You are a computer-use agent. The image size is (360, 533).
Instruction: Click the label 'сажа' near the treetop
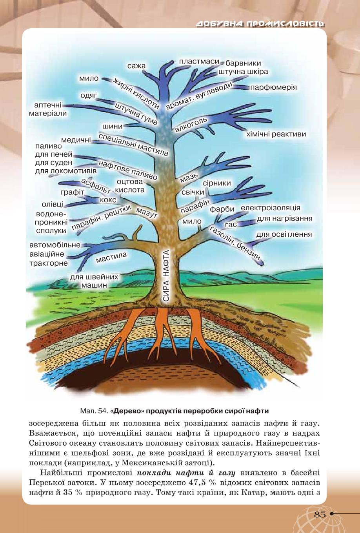(x=136, y=66)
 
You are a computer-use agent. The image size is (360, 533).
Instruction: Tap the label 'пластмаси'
(x=199, y=62)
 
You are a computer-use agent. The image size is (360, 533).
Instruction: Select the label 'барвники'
(x=243, y=63)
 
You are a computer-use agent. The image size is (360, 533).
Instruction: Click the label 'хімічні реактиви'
(x=276, y=134)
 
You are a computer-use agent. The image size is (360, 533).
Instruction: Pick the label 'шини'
(x=113, y=126)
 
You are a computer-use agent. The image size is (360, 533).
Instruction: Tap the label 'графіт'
(x=73, y=192)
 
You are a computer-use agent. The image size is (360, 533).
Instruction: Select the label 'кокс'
(x=108, y=199)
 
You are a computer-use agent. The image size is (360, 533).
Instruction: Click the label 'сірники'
(x=216, y=183)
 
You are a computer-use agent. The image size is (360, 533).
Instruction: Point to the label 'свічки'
(x=193, y=192)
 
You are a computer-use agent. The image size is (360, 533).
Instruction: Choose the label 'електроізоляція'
(x=271, y=208)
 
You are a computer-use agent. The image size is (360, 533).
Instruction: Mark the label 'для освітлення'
(x=284, y=235)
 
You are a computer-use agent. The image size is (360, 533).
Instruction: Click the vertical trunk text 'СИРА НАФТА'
(x=166, y=276)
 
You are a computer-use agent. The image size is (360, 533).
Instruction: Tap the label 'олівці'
(x=53, y=205)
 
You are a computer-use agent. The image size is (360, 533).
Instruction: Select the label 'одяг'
(x=89, y=96)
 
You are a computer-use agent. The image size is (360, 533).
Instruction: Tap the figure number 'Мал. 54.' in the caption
(x=94, y=411)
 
